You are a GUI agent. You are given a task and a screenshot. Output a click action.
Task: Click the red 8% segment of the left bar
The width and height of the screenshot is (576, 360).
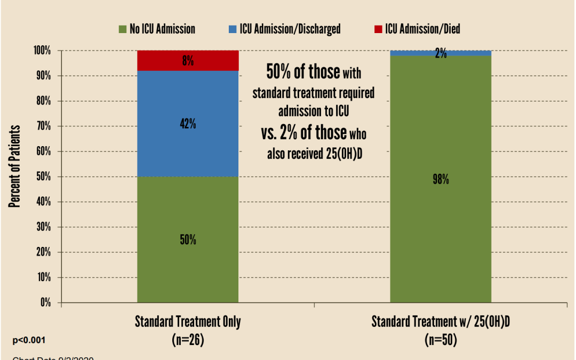click(x=187, y=61)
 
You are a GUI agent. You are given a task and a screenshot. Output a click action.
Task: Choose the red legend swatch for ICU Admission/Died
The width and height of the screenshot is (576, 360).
click(x=378, y=29)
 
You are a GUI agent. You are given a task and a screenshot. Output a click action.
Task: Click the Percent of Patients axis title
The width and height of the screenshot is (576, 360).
click(x=14, y=166)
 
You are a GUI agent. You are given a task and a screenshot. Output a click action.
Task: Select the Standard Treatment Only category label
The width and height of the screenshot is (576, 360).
click(x=188, y=322)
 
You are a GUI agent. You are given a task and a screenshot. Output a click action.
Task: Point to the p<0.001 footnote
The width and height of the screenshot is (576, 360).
click(x=29, y=340)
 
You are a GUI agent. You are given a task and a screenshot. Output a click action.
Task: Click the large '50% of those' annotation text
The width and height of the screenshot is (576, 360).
click(x=302, y=71)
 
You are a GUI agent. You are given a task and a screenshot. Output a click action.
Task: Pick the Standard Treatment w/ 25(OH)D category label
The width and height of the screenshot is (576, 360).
click(x=441, y=322)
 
